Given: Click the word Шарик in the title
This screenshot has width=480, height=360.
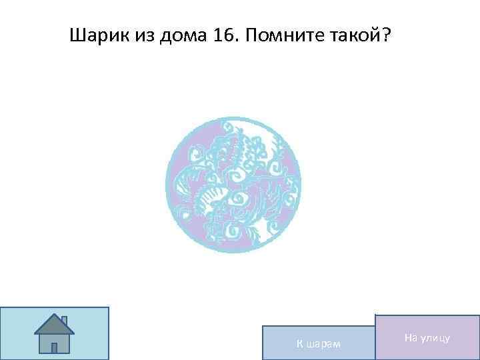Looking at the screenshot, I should tap(93, 35).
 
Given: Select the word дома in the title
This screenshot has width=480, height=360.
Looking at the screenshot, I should tap(177, 35).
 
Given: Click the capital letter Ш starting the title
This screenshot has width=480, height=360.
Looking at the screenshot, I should tap(76, 35).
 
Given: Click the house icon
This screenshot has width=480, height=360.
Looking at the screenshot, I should tap(54, 333).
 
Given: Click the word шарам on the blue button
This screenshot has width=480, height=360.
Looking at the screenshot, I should tap(322, 344).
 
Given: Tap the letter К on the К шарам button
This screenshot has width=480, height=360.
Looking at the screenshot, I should tap(299, 344).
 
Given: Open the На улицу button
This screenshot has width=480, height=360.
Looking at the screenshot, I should tap(427, 338).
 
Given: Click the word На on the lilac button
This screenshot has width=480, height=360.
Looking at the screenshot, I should tap(410, 339).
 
